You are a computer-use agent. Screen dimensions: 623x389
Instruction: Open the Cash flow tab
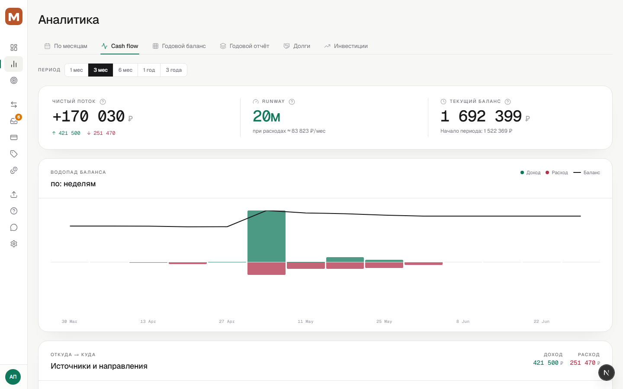[120, 46]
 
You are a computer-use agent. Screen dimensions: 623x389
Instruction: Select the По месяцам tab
[66, 46]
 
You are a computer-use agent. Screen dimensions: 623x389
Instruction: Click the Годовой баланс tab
[179, 46]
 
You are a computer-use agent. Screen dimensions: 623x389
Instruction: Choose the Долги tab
[297, 46]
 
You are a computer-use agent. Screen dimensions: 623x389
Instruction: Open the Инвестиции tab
[346, 46]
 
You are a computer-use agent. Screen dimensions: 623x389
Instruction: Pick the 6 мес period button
[125, 70]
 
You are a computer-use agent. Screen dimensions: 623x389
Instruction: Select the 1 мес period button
[76, 70]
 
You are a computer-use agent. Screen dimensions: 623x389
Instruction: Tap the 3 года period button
[173, 70]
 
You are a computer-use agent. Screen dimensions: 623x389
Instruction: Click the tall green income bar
[267, 236]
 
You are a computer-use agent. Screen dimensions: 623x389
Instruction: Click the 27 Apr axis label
[227, 322]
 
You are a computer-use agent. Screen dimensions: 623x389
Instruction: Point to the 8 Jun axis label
[463, 322]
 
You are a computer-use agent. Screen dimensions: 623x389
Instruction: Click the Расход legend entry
[556, 172]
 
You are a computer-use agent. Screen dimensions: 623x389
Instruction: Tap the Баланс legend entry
[587, 172]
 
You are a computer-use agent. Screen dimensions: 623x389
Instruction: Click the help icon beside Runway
[292, 102]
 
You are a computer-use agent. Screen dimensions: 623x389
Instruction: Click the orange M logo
[14, 16]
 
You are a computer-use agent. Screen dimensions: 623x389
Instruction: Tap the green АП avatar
[13, 377]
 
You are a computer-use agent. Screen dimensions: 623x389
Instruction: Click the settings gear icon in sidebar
[14, 244]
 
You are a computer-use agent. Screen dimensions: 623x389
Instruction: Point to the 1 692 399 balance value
[481, 116]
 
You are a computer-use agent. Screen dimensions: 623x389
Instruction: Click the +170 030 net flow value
[89, 116]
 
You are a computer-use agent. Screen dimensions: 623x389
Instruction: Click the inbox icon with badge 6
[14, 121]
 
